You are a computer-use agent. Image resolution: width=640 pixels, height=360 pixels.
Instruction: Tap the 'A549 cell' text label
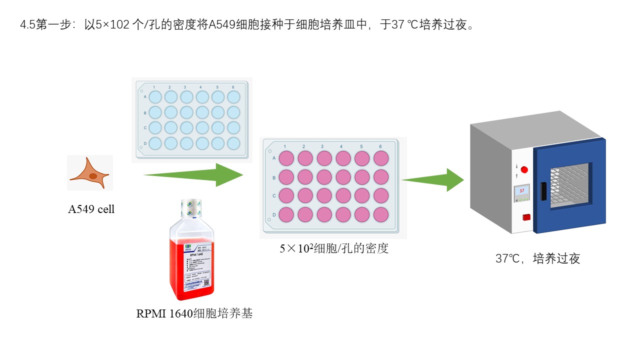tap(91, 209)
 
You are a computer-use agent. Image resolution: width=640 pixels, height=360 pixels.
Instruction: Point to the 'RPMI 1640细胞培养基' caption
tap(194, 314)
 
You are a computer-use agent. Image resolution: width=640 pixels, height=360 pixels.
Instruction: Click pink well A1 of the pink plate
tap(286, 158)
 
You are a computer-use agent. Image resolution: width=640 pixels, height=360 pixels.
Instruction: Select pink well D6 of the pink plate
tap(381, 215)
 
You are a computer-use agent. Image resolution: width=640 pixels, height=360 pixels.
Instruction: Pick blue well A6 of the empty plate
tap(233, 96)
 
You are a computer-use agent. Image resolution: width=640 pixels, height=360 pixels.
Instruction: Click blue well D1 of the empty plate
tap(155, 143)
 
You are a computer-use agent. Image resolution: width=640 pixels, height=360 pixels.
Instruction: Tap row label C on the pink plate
tap(273, 196)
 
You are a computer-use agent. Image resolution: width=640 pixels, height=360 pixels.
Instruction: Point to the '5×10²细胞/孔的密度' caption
tap(334, 248)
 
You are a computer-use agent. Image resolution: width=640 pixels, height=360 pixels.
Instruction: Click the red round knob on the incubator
tap(524, 169)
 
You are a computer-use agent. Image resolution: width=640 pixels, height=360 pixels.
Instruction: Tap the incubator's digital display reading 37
tap(522, 190)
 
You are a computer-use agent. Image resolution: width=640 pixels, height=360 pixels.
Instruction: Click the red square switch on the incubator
tap(525, 217)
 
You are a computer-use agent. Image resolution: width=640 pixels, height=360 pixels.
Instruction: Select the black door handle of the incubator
tap(542, 191)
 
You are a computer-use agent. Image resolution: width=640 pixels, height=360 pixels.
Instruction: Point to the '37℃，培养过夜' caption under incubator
tap(537, 258)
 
